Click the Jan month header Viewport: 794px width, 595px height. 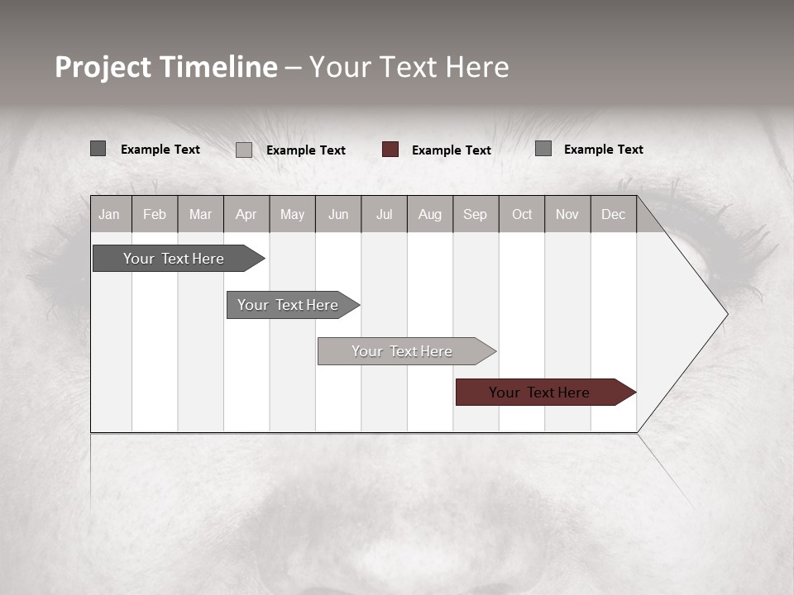(109, 215)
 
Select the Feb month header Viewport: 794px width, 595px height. (155, 215)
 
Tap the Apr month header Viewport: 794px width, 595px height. (246, 215)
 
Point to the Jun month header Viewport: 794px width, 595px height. (338, 215)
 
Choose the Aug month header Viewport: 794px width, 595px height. (430, 215)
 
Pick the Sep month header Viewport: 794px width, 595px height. (476, 215)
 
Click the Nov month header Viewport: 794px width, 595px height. (567, 215)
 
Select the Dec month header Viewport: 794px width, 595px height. (614, 215)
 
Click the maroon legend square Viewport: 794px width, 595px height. (390, 150)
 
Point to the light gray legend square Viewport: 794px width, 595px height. (244, 150)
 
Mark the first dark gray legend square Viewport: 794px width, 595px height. (98, 149)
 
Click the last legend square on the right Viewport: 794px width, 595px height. (543, 149)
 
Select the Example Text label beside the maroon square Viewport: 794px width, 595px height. (452, 150)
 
